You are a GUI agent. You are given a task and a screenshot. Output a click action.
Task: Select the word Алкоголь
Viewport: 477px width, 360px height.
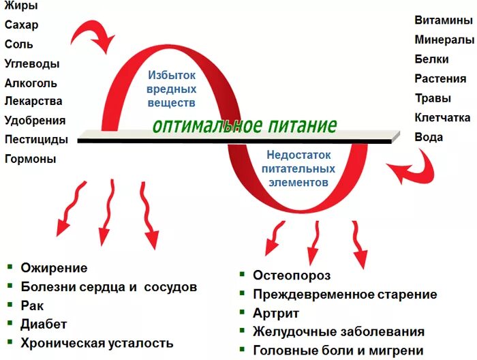(x=31, y=82)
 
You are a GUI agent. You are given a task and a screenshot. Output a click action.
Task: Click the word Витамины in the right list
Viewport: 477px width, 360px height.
(x=444, y=20)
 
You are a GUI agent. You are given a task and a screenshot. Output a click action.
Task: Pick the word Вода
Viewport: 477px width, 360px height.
(x=429, y=136)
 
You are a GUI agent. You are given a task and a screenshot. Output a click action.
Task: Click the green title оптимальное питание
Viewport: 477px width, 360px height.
(x=245, y=126)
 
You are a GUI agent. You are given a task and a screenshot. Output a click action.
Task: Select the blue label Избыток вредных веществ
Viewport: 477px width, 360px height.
(x=172, y=89)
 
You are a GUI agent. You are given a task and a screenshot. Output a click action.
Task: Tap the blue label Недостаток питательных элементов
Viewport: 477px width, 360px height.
(x=301, y=169)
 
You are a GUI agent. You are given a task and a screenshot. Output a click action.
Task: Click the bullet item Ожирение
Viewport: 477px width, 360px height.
(x=54, y=268)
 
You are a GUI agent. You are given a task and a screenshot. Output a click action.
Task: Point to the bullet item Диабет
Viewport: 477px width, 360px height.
(x=44, y=324)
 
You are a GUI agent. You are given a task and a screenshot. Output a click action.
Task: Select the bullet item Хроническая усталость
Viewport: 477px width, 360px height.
(x=97, y=343)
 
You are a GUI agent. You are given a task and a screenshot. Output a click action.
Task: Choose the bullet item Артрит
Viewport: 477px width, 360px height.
(x=276, y=313)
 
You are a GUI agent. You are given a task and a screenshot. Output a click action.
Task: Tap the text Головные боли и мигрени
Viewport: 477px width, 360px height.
(x=338, y=350)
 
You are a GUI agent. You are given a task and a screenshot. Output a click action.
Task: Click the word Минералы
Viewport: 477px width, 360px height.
(x=444, y=40)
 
